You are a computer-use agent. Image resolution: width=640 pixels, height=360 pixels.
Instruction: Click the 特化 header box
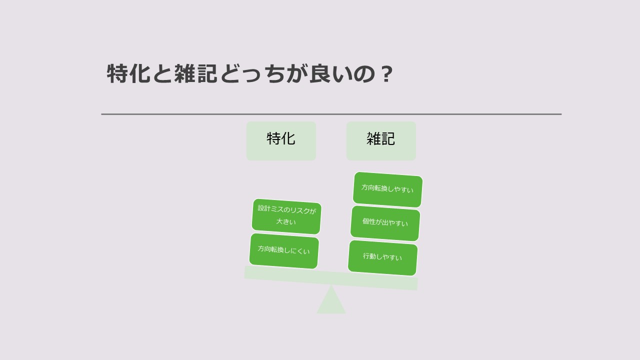point(281,141)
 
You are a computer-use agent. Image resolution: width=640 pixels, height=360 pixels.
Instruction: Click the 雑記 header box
point(381,141)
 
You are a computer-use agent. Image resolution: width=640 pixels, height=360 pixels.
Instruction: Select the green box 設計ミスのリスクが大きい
point(286,216)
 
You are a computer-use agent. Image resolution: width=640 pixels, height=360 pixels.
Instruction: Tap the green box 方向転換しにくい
point(284,251)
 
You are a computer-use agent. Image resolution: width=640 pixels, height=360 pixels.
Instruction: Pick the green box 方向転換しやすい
point(387,189)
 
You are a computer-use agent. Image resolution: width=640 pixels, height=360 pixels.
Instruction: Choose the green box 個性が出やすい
point(385,223)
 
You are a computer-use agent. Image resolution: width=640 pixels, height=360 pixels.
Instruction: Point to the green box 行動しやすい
point(383,257)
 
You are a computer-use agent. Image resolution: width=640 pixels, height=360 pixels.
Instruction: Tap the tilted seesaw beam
point(331,278)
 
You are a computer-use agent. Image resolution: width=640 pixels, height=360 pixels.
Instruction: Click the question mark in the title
point(387,74)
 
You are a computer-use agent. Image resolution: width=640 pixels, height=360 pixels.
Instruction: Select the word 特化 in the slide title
point(128,73)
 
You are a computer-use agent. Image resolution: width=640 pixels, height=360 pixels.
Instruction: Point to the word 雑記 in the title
point(195,73)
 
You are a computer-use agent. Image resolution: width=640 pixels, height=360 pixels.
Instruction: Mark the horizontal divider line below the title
point(331,114)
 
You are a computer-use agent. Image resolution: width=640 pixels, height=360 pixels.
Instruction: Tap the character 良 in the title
point(320,73)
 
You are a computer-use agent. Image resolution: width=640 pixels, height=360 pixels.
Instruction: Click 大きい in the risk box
point(286,221)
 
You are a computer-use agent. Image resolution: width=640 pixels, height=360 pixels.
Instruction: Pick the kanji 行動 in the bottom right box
point(369,256)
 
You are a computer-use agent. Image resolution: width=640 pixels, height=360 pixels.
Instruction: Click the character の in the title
point(364,74)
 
